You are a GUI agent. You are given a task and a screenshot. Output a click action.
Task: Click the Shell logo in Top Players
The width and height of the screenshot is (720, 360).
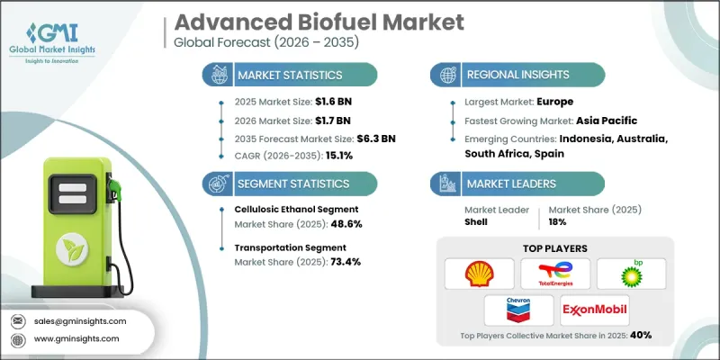pos(480,273)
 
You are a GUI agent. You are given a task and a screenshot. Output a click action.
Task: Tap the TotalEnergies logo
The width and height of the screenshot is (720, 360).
pos(555,273)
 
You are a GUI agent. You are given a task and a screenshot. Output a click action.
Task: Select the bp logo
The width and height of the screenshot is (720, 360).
pos(632,273)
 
